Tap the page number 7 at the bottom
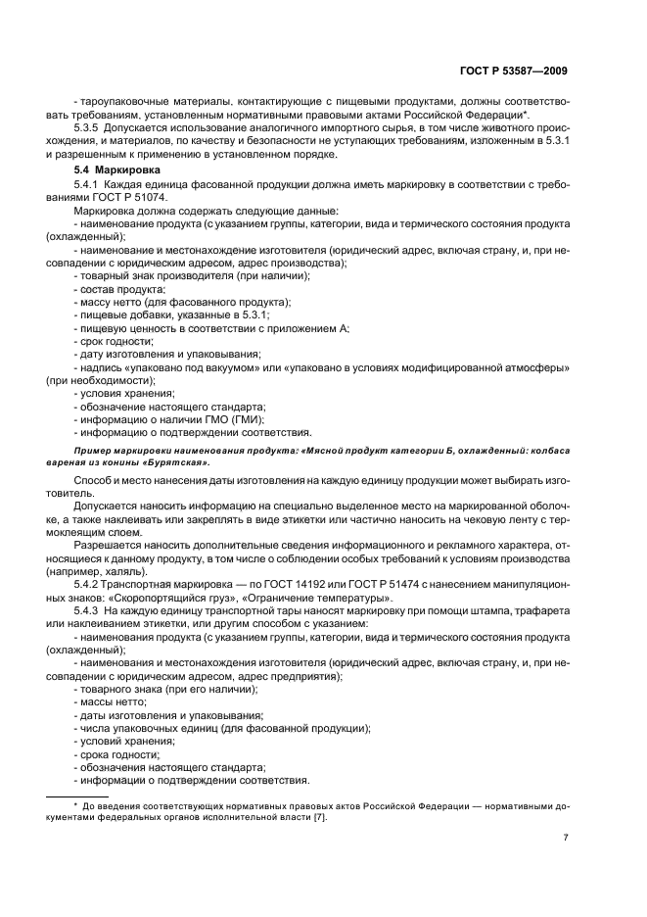pos(566,839)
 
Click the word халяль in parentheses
pos(127,571)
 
